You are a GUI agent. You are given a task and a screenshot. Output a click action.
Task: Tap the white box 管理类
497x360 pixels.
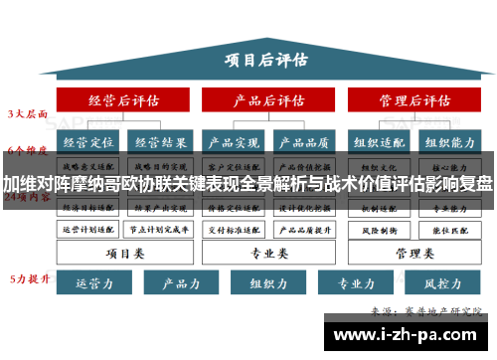tap(414, 253)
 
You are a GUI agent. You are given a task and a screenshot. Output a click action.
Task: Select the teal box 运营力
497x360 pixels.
tap(89, 283)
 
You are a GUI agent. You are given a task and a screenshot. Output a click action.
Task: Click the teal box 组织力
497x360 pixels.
tap(267, 283)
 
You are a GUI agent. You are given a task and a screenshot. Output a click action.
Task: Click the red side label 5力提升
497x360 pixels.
tap(28, 277)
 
